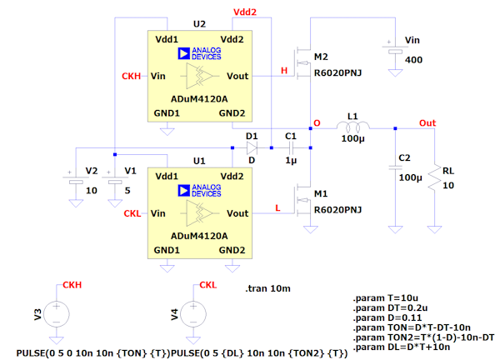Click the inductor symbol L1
coord(355,127)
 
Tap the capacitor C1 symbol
coord(290,147)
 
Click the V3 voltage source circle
coord(56,314)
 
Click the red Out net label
coord(427,122)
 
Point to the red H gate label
coord(284,71)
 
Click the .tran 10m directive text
coord(269,288)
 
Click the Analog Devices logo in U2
coord(199,54)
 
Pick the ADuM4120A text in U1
coord(199,236)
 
